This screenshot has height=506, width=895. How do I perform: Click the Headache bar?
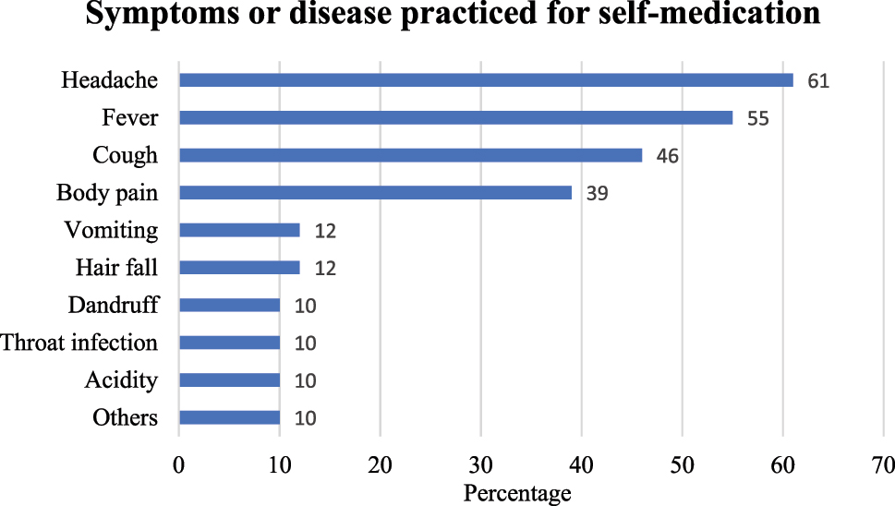[486, 80]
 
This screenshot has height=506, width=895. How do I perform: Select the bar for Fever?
[455, 118]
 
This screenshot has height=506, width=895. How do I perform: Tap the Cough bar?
[410, 155]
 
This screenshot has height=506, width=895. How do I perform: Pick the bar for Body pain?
[375, 193]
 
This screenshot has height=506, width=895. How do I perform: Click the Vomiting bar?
[239, 230]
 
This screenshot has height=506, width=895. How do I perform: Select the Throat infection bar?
[229, 343]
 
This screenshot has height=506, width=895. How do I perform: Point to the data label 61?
[817, 81]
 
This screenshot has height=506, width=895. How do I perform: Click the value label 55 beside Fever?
[757, 118]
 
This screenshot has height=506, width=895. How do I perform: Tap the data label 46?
[667, 156]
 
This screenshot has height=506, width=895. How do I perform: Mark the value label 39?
[596, 194]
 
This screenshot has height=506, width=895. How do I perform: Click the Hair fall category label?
[116, 268]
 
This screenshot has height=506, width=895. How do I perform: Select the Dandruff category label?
[113, 305]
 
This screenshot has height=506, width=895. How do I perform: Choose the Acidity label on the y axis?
[121, 379]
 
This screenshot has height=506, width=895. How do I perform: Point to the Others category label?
[125, 417]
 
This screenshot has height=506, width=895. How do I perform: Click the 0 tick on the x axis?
[179, 464]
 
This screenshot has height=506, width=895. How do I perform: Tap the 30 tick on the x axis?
[480, 464]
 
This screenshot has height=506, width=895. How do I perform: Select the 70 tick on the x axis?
[883, 464]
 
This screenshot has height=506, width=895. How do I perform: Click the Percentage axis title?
[516, 493]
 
